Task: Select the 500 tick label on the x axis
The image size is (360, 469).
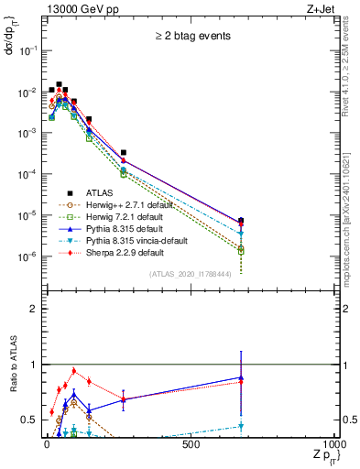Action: tap(191, 444)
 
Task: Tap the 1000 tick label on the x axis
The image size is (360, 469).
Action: tap(334, 444)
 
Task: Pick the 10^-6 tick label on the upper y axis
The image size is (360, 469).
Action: tap(27, 256)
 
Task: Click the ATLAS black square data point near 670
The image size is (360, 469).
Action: tap(240, 221)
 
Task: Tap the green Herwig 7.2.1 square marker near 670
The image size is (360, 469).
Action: tap(240, 250)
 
